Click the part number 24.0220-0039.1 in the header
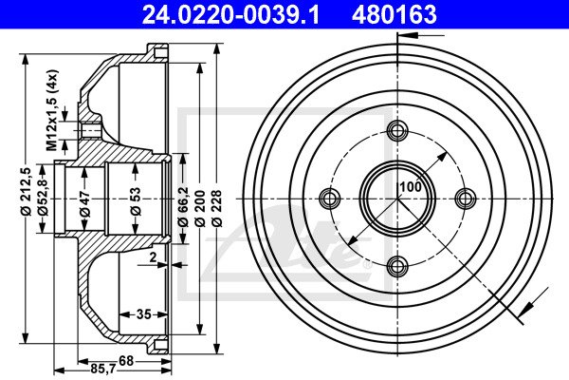tap(230, 14)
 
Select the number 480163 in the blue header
tap(395, 14)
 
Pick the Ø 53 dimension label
tap(136, 201)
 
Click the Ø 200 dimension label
tap(200, 208)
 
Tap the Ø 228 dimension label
tap(217, 208)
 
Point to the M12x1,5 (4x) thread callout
tap(52, 110)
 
